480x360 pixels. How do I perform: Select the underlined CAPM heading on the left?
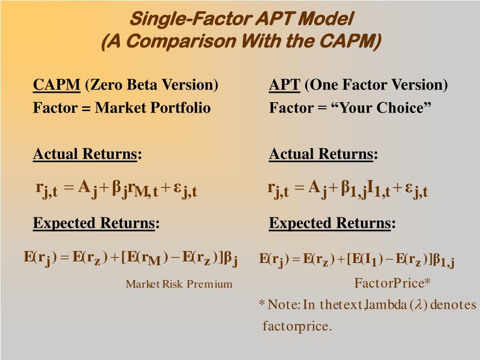coord(57,85)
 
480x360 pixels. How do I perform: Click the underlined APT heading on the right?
coord(285,85)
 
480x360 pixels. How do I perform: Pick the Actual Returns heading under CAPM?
coord(85,154)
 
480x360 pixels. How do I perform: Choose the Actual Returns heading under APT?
coord(321,154)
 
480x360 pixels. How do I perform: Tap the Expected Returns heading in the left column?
coord(94,223)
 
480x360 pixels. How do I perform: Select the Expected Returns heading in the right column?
coord(330,223)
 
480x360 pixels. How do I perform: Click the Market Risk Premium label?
coord(179,284)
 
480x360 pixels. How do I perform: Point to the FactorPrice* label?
coord(392,283)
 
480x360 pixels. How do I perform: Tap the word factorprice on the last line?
coord(296,326)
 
